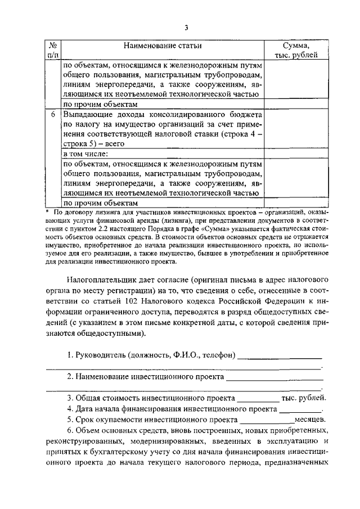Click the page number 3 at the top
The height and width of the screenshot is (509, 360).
(x=185, y=28)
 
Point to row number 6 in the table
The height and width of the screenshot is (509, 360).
(x=52, y=114)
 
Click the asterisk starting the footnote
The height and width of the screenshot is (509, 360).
(x=47, y=213)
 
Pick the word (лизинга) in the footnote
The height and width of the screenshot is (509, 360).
(x=174, y=221)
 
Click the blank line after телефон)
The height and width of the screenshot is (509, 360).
(x=280, y=357)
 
